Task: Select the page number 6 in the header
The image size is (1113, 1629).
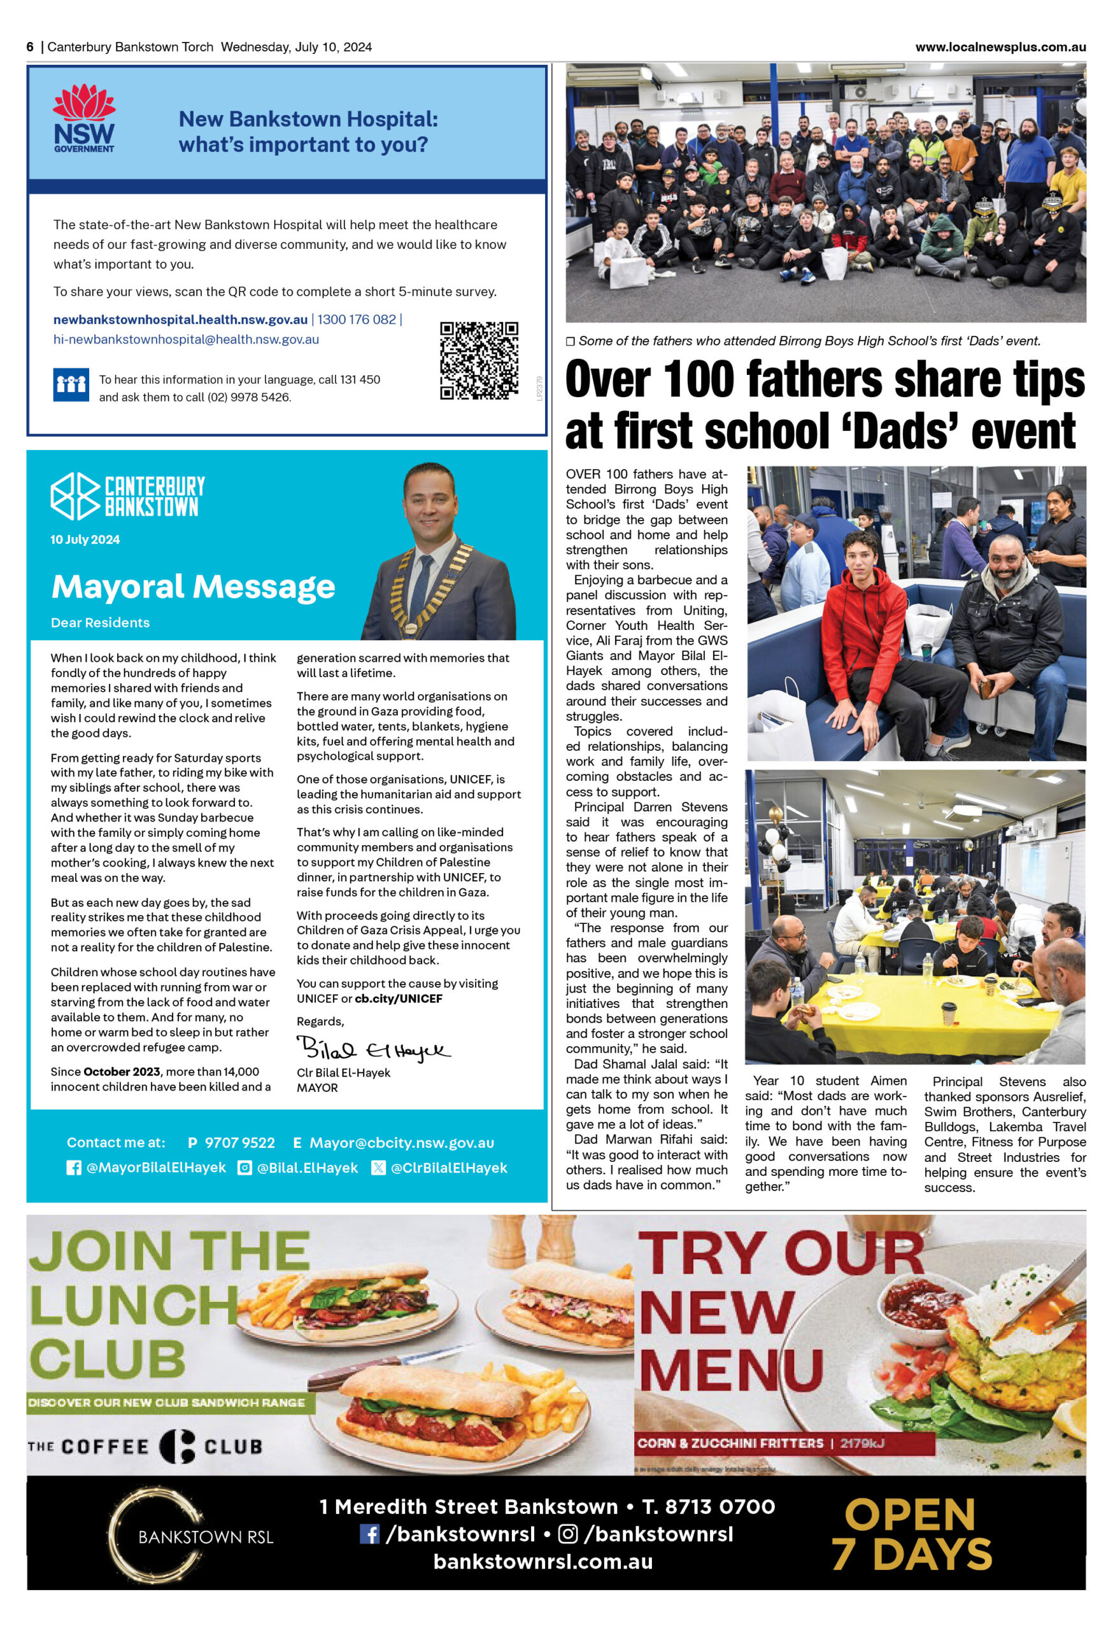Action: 30,47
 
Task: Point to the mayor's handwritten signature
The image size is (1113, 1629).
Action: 373,1049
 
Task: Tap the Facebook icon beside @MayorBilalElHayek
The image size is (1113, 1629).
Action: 74,1168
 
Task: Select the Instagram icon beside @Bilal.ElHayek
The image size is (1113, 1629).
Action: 245,1168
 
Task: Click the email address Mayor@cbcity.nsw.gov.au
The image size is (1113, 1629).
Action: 401,1143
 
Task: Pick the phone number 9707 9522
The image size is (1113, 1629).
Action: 239,1143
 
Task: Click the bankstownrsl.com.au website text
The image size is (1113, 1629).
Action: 543,1562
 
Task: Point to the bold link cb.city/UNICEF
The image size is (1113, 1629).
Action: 399,998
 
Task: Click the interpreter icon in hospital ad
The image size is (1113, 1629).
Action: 71,384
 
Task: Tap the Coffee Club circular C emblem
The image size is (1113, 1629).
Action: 177,1446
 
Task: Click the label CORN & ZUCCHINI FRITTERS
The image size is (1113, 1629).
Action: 730,1443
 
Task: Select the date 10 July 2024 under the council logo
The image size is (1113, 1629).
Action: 85,539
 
